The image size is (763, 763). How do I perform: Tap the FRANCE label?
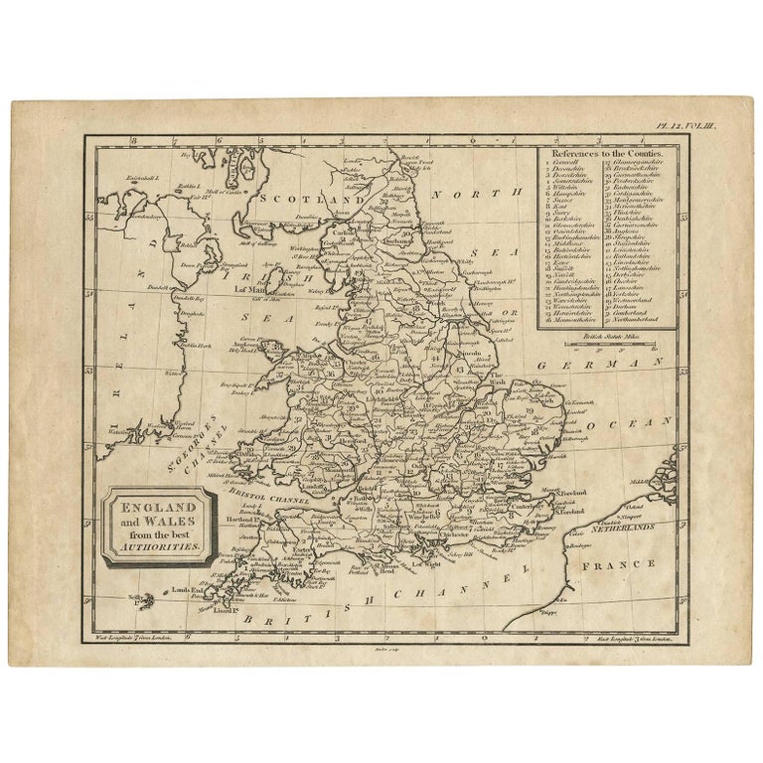[x=625, y=563]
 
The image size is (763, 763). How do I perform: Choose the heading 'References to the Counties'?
[x=607, y=156]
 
